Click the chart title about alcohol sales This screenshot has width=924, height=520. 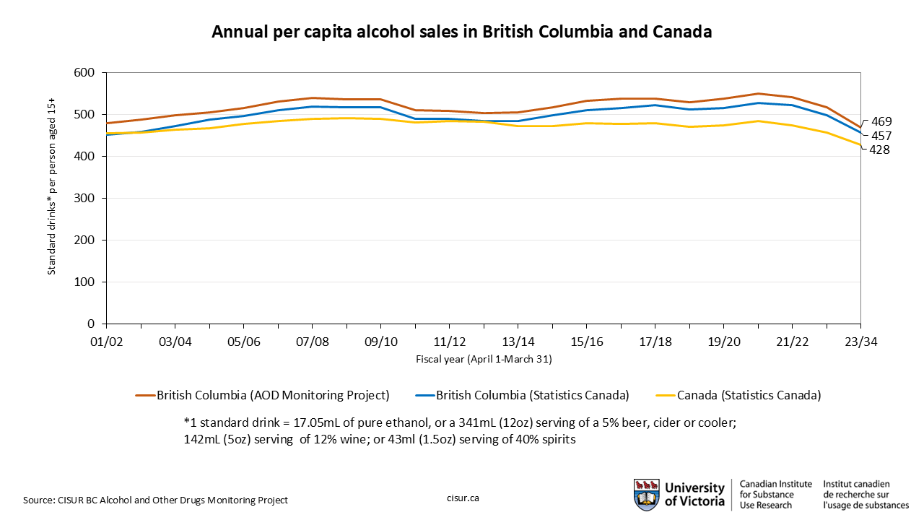click(x=462, y=32)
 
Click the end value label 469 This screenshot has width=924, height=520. click(x=881, y=121)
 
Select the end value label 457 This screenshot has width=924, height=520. click(x=881, y=136)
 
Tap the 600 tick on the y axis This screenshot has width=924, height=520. click(x=85, y=73)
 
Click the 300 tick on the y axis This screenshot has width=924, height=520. click(x=85, y=199)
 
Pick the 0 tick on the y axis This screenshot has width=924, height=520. click(x=92, y=324)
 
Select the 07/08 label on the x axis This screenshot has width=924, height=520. click(x=312, y=342)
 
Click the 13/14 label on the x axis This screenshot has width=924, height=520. click(x=518, y=342)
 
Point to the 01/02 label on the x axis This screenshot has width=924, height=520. click(x=106, y=342)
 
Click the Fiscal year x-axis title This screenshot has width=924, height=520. click(x=484, y=358)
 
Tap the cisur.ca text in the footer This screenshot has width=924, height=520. click(x=463, y=499)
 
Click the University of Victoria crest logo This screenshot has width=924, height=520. click(x=646, y=495)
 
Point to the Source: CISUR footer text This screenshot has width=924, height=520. click(x=155, y=500)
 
